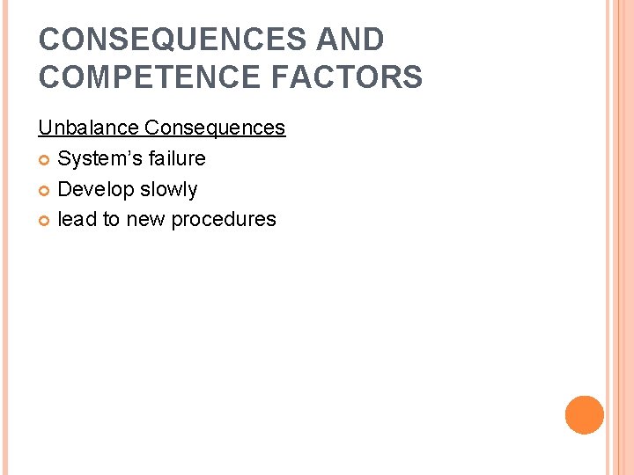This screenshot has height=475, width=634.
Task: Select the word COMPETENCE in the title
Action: [148, 77]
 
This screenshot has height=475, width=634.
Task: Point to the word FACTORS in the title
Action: [347, 77]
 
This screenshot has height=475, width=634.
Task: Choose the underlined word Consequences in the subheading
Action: [215, 128]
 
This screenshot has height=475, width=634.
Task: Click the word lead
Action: [77, 219]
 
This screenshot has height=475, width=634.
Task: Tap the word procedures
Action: [224, 220]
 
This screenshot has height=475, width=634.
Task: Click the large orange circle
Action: [585, 415]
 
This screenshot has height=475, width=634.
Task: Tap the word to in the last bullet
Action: [112, 220]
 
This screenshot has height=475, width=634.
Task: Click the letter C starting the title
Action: [50, 40]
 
